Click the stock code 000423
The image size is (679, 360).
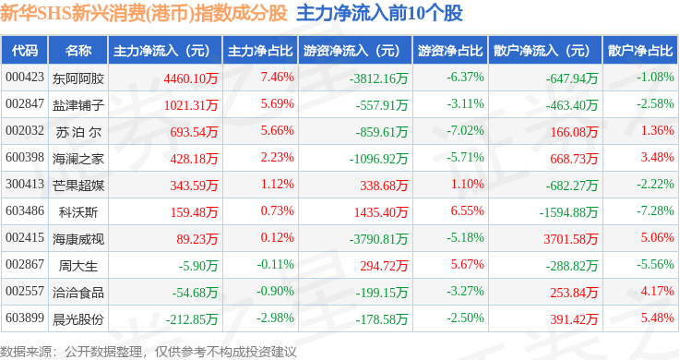coord(25,78)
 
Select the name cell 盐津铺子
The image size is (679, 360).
coord(78,105)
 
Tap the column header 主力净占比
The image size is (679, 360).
coord(260,51)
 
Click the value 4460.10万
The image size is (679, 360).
coord(191,78)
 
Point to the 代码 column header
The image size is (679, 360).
coord(25,51)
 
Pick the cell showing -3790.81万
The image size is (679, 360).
coord(378,239)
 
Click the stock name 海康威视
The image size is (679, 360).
coord(78,239)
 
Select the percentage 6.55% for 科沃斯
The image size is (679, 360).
coord(467,211)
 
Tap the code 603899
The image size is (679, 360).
coord(25,318)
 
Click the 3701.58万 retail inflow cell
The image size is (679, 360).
coord(571,239)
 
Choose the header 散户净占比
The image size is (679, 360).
coord(640,51)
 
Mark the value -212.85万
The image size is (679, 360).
coord(192,319)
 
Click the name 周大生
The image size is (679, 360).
coord(78,266)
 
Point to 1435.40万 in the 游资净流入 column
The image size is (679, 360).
coord(381,212)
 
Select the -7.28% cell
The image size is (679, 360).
coord(655,211)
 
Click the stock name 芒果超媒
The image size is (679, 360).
coord(78,186)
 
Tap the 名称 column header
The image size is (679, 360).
coord(78,51)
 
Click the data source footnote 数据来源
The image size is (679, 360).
coord(25,352)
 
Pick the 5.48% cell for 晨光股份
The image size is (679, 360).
coord(658,318)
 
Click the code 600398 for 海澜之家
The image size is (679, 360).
coord(25,157)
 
